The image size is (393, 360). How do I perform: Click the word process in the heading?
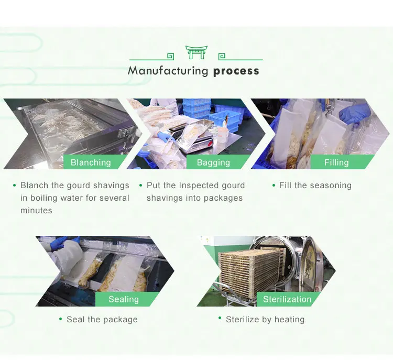[236, 71]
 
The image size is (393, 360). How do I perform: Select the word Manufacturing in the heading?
[168, 71]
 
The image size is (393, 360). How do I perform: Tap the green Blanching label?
[91, 162]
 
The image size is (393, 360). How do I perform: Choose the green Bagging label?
[213, 162]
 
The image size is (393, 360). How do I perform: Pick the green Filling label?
[336, 162]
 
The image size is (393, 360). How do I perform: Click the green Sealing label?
[124, 299]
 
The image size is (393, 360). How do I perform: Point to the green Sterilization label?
[287, 299]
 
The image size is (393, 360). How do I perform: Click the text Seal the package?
[102, 319]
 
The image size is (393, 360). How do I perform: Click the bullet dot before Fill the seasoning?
[274, 185]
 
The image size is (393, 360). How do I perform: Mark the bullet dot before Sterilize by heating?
[220, 319]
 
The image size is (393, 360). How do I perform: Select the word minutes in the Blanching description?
[36, 210]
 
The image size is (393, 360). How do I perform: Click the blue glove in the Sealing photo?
[59, 242]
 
